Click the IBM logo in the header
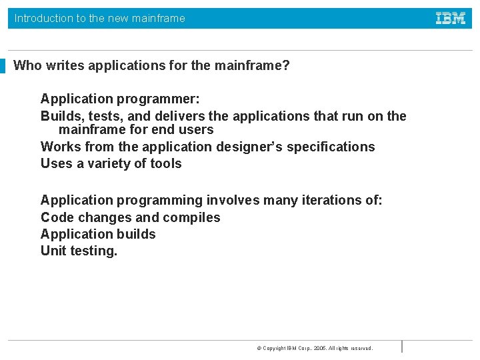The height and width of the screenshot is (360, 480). click(x=451, y=19)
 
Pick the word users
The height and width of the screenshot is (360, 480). click(x=196, y=130)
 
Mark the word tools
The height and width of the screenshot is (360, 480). click(x=165, y=163)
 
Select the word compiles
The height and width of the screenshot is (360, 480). click(x=193, y=217)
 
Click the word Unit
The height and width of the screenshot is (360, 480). click(x=54, y=251)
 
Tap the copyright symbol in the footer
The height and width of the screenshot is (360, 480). click(x=259, y=348)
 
